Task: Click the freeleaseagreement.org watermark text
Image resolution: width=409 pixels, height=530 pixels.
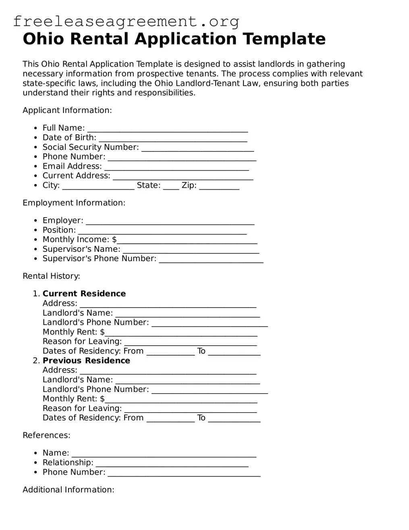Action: (x=126, y=21)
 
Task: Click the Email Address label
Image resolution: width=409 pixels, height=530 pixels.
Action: (x=72, y=166)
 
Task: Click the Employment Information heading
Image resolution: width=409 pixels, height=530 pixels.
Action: (x=74, y=203)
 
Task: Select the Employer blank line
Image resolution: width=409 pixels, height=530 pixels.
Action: (x=170, y=222)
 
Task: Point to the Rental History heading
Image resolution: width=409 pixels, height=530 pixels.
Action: (x=51, y=276)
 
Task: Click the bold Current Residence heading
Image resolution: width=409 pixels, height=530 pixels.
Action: (x=84, y=293)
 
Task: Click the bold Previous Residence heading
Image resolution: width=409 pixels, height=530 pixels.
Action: (x=86, y=360)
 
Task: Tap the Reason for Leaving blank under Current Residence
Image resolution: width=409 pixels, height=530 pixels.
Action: (x=190, y=343)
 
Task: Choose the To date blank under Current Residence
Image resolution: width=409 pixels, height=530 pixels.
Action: (x=234, y=353)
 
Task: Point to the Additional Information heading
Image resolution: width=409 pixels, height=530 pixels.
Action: (x=69, y=490)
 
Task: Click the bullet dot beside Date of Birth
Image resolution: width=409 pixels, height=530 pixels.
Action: (x=36, y=138)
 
